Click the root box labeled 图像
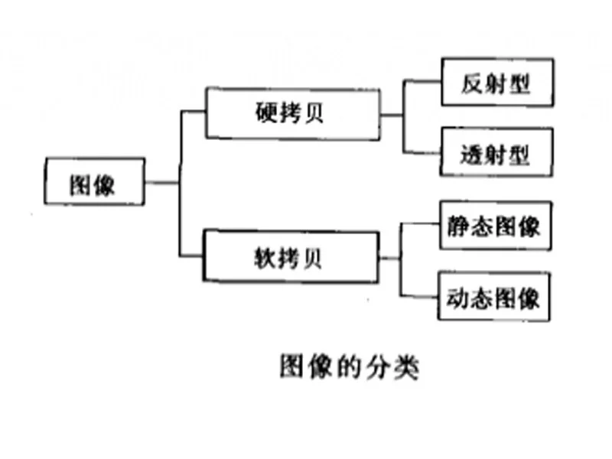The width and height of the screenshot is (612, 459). coord(94,181)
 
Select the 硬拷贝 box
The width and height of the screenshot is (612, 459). coord(292,114)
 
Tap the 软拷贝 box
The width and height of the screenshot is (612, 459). coord(291,257)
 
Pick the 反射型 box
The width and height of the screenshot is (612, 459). coord(496,83)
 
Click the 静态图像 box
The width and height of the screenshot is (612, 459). coord(494,226)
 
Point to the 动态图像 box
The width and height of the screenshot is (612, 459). coord(494,296)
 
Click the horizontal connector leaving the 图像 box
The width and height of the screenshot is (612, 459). coord(161,182)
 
